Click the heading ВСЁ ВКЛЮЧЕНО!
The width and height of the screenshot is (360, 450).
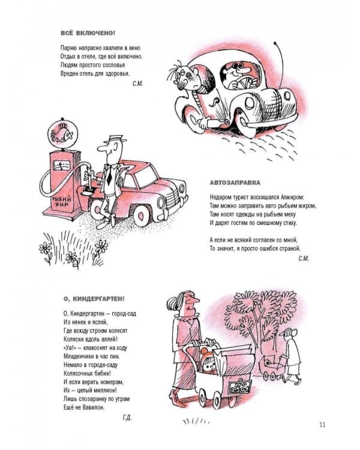click(x=88, y=33)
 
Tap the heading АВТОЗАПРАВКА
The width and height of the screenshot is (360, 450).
click(x=235, y=182)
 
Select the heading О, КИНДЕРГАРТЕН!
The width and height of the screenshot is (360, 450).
click(x=94, y=299)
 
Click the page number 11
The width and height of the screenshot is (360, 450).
click(x=322, y=424)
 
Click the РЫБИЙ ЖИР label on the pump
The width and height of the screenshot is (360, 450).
click(x=61, y=202)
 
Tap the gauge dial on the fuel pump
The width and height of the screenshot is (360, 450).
click(x=62, y=166)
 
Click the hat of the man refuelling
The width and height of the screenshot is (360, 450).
click(x=115, y=139)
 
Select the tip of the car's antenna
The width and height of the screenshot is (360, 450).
click(x=275, y=44)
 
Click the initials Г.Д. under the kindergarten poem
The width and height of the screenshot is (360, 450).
click(x=127, y=418)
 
